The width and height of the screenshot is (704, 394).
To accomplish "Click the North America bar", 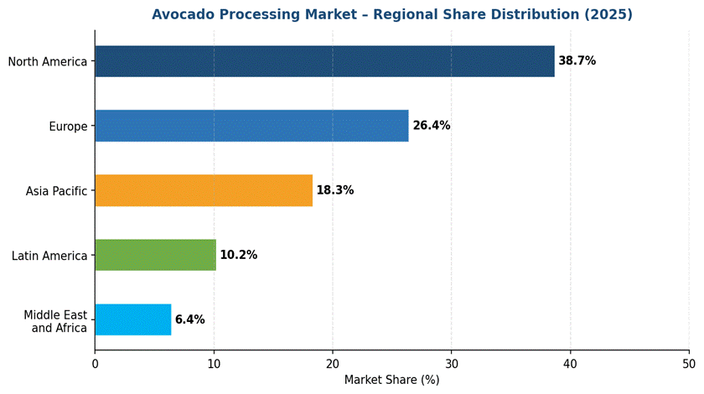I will point(324,61).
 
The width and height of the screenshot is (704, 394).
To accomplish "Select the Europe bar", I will point(251,126).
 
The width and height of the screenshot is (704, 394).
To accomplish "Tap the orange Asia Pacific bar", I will point(204,190).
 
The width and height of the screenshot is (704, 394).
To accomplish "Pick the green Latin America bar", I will point(155,255).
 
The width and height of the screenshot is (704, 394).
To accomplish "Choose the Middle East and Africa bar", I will point(132,319).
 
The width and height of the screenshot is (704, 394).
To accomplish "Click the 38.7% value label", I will point(577,61).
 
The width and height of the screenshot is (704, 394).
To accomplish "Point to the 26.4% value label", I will point(431,126).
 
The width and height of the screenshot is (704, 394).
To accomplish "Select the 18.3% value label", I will point(334,190).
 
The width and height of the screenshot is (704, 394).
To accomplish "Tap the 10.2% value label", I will point(238,255).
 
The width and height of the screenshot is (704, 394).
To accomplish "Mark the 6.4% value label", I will point(189,319).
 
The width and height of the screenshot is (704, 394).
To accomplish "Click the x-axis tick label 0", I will point(95,364).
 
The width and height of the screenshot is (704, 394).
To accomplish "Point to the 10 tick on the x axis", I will point(214,364).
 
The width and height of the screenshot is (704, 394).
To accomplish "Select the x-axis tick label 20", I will point(333,364).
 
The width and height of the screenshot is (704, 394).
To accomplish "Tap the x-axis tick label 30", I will point(452,364).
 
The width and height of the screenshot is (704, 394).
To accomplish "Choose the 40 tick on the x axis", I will point(571,364).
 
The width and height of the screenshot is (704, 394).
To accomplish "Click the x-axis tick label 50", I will point(689,364).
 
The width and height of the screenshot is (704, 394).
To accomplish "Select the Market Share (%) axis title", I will point(391,380).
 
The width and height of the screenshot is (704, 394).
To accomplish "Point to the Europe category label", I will point(68,127).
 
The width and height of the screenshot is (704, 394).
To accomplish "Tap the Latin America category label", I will point(49,256).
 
